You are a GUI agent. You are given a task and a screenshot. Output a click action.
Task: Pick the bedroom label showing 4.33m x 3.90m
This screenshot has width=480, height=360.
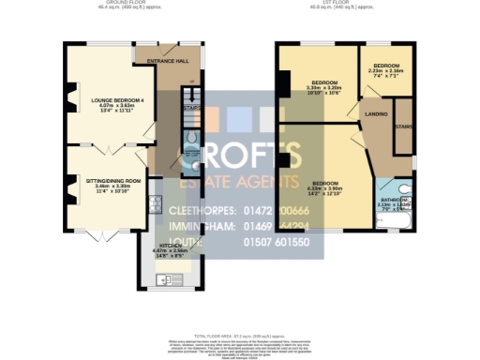(325, 183)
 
